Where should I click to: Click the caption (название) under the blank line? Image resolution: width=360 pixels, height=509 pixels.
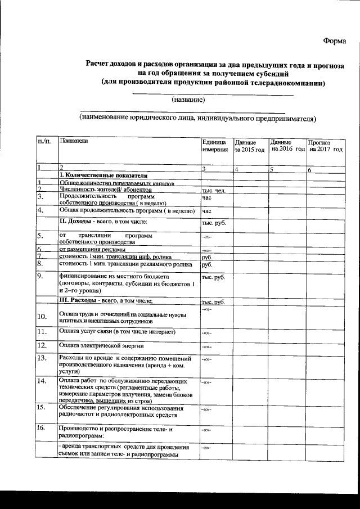[x=188, y=100]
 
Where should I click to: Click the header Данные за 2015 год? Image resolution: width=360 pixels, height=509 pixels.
[x=249, y=146]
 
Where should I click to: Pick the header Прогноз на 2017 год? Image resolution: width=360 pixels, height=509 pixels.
[x=325, y=146]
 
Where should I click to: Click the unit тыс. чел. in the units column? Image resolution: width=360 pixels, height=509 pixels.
[x=213, y=191]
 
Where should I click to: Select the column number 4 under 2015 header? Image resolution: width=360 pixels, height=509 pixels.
[x=237, y=169]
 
